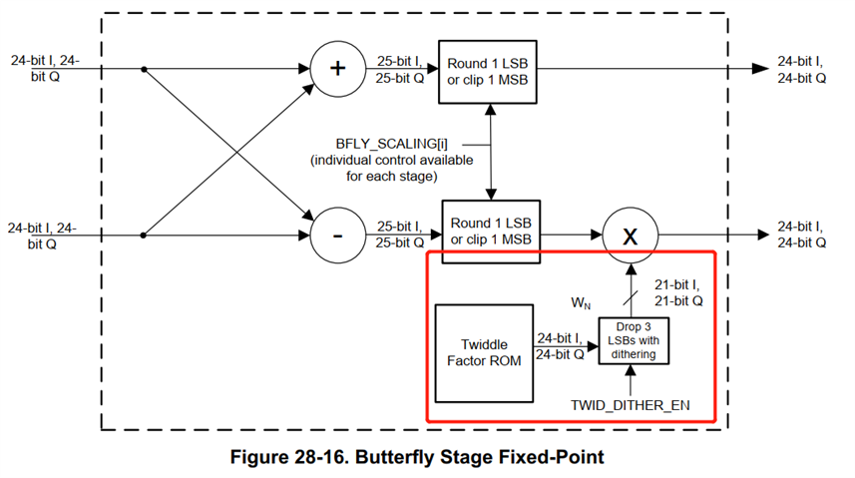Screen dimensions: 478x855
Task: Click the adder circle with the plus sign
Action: (337, 70)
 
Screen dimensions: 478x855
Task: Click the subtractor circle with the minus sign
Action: (337, 236)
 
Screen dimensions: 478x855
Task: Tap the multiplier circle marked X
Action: (631, 236)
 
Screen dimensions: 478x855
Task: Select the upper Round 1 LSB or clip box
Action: (491, 71)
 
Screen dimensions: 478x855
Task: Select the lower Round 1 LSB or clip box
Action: (491, 232)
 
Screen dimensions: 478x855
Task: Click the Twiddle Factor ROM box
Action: (478, 352)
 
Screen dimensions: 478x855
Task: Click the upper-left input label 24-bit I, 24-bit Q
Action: (43, 67)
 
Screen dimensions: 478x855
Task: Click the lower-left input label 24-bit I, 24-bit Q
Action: (43, 236)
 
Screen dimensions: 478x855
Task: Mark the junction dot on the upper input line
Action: (145, 70)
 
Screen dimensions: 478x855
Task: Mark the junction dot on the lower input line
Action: (145, 236)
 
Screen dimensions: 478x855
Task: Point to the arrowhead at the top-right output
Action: (759, 70)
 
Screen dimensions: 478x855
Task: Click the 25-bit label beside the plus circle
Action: (401, 69)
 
